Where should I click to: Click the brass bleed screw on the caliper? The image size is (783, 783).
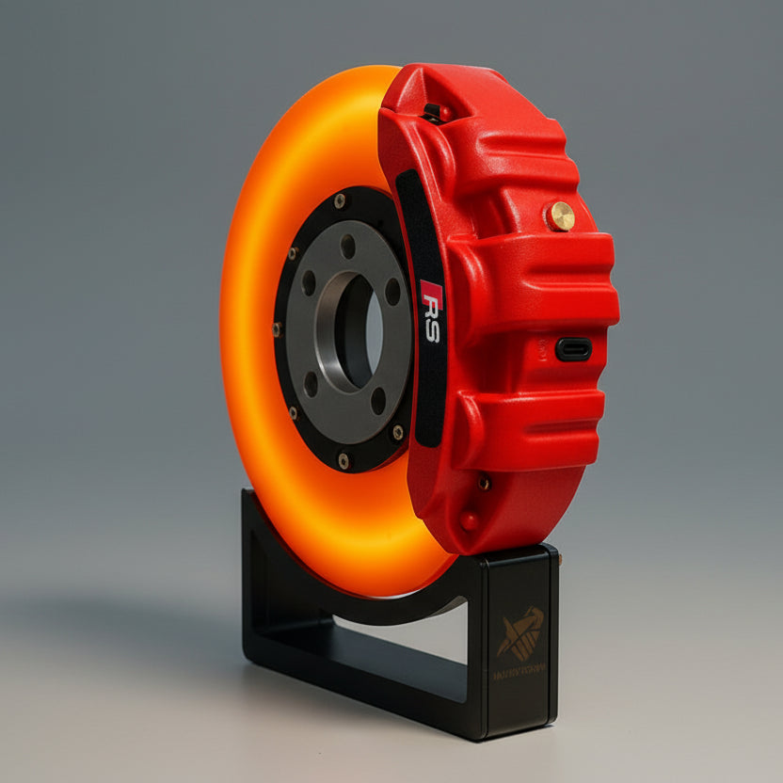(x=561, y=216)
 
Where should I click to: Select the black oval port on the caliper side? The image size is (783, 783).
(x=573, y=349)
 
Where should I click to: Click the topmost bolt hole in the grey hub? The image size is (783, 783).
(x=348, y=247)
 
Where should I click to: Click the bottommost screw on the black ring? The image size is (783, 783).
(x=343, y=460)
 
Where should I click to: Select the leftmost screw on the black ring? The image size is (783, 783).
(x=277, y=328)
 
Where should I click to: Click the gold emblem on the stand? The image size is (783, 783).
(x=520, y=633)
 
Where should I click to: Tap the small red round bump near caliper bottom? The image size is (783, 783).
(x=469, y=520)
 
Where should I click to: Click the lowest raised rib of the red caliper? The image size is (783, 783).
(x=527, y=428)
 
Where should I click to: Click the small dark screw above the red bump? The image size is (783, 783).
(x=484, y=482)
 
